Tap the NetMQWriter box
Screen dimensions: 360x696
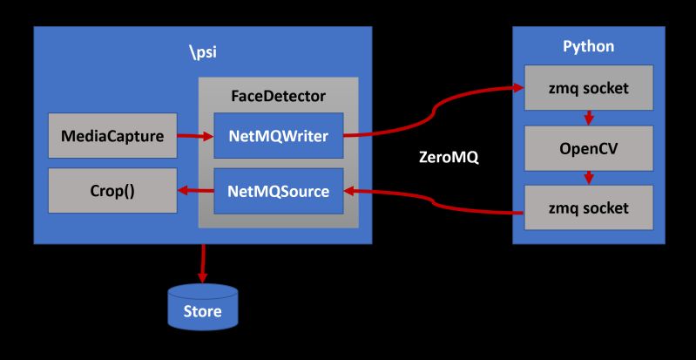[x=278, y=136]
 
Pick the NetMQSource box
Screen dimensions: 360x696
[x=278, y=191]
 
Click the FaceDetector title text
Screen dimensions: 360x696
[x=278, y=94]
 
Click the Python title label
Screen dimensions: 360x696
[x=588, y=45]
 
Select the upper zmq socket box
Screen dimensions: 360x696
[x=588, y=88]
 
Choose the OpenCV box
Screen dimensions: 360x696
[x=588, y=148]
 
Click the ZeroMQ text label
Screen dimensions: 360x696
[x=449, y=160]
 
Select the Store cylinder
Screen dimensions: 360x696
[x=202, y=306]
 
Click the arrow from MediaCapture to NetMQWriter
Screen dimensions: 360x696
[x=195, y=136]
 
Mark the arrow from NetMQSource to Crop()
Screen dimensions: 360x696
[x=195, y=191]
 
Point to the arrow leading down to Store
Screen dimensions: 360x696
[x=202, y=262]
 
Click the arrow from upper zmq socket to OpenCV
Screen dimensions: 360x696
[x=588, y=118]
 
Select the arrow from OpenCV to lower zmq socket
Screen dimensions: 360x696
[x=588, y=177]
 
